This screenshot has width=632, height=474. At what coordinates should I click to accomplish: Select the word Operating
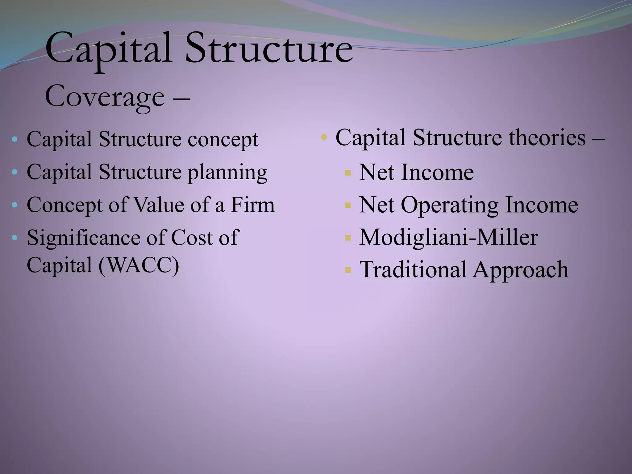[x=450, y=206]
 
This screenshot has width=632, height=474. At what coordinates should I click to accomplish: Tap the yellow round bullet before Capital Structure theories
[x=323, y=137]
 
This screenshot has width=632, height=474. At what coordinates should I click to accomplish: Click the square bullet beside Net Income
[x=348, y=173]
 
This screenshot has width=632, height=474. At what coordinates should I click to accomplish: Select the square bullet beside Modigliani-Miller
[x=348, y=238]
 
